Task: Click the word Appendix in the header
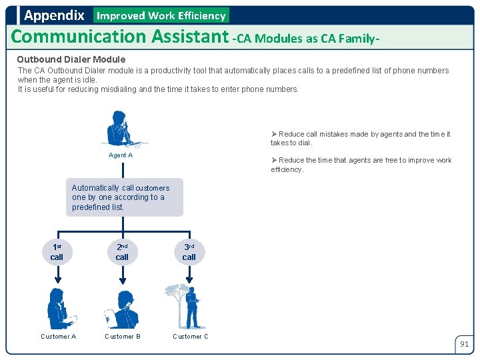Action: (x=54, y=15)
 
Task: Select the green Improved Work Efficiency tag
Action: (x=161, y=15)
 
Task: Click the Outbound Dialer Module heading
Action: (x=71, y=59)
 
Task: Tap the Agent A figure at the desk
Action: (x=121, y=129)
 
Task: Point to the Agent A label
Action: (x=121, y=155)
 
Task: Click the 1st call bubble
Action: (x=57, y=252)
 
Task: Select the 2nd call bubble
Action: (x=122, y=252)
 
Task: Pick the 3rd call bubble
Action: (x=189, y=252)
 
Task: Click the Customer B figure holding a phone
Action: (x=123, y=309)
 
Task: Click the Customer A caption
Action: (x=59, y=337)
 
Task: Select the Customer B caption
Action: (x=123, y=337)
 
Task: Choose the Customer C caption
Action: (x=191, y=337)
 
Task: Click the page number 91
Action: (x=464, y=345)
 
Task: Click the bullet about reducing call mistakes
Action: (x=360, y=138)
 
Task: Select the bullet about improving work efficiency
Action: (x=361, y=165)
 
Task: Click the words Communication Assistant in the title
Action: (x=120, y=36)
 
